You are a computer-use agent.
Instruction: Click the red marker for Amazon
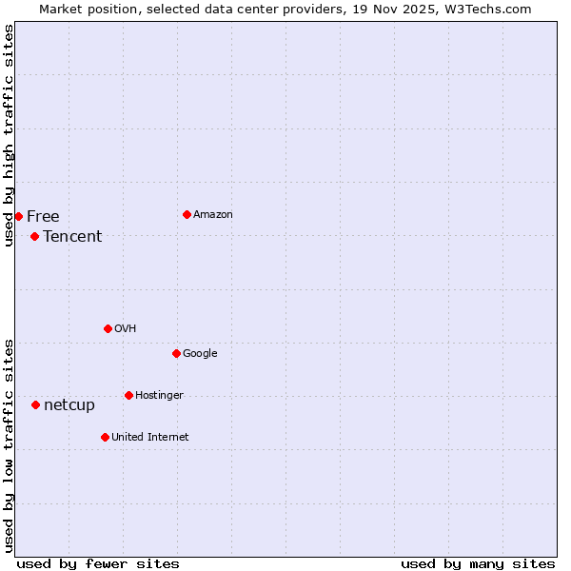tap(187, 214)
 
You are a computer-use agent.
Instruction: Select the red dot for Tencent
tap(34, 236)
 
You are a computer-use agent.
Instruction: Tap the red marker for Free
tap(18, 216)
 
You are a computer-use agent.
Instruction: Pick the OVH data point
tap(108, 328)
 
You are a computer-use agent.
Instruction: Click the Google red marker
tap(176, 353)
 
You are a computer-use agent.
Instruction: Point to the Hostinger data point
tap(128, 395)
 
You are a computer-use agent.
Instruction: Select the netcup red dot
tap(35, 404)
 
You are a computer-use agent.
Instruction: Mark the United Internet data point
tap(105, 437)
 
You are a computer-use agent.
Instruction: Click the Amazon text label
tap(212, 215)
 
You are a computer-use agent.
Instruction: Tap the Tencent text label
tap(72, 237)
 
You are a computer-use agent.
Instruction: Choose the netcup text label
tap(69, 405)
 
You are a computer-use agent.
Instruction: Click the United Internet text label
tap(149, 438)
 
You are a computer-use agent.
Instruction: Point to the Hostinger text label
tap(159, 396)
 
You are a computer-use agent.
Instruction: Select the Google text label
tap(200, 354)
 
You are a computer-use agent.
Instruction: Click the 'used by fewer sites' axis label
tap(98, 563)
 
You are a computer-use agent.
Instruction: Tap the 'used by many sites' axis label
tap(478, 563)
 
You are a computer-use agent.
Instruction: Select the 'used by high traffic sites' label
tap(10, 135)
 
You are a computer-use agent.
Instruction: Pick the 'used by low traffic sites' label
tap(10, 445)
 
